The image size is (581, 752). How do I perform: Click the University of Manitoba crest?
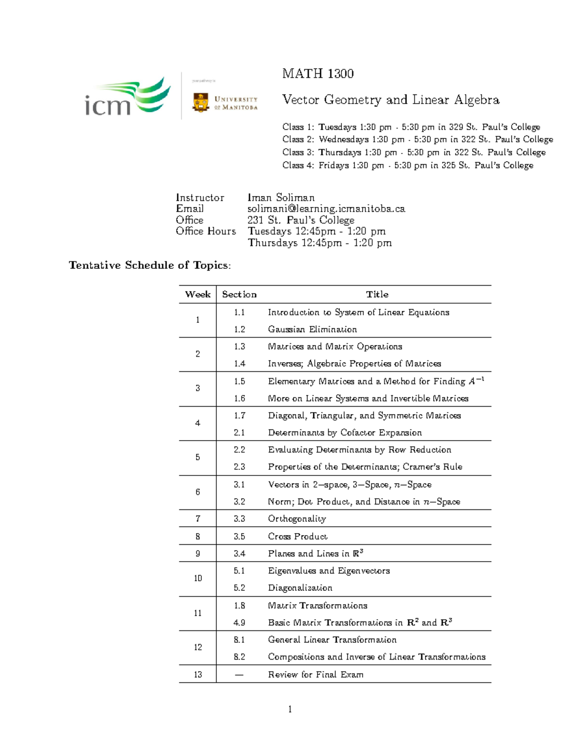[x=200, y=102]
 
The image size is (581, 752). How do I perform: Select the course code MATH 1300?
[x=318, y=74]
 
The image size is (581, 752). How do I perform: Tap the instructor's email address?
[x=326, y=209]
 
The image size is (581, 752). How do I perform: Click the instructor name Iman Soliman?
[x=281, y=198]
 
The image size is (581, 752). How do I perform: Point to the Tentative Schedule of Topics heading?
[x=150, y=265]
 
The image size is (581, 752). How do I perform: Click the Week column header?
[x=198, y=294]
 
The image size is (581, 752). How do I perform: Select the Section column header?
[x=239, y=294]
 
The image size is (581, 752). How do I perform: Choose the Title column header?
[x=377, y=294]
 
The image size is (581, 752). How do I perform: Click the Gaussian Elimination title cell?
[x=312, y=329]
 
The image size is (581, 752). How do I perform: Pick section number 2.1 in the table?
[x=239, y=432]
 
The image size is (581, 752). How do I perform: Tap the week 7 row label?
[x=198, y=519]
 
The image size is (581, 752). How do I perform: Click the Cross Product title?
[x=297, y=536]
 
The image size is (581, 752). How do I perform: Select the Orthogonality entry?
[x=297, y=519]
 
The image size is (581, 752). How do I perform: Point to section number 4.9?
[x=239, y=623]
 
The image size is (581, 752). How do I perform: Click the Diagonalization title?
[x=300, y=588]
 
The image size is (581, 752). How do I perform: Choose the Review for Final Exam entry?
[x=315, y=675]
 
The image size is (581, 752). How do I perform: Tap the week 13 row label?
[x=198, y=675]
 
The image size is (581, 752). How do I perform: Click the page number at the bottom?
[x=290, y=709]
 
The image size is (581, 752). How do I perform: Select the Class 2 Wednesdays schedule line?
[x=417, y=139]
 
